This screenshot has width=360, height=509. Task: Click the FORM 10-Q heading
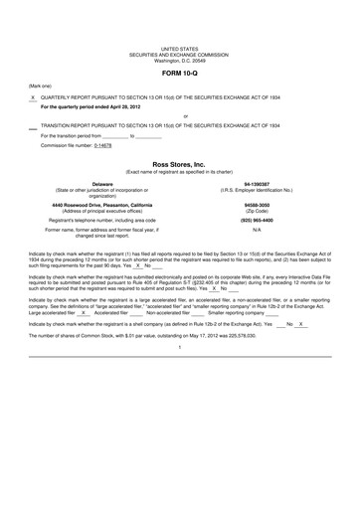point(179,74)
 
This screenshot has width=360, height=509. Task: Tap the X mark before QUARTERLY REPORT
point(33,97)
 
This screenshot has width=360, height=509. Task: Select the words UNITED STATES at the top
point(179,48)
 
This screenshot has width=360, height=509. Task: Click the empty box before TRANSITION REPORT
point(33,127)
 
